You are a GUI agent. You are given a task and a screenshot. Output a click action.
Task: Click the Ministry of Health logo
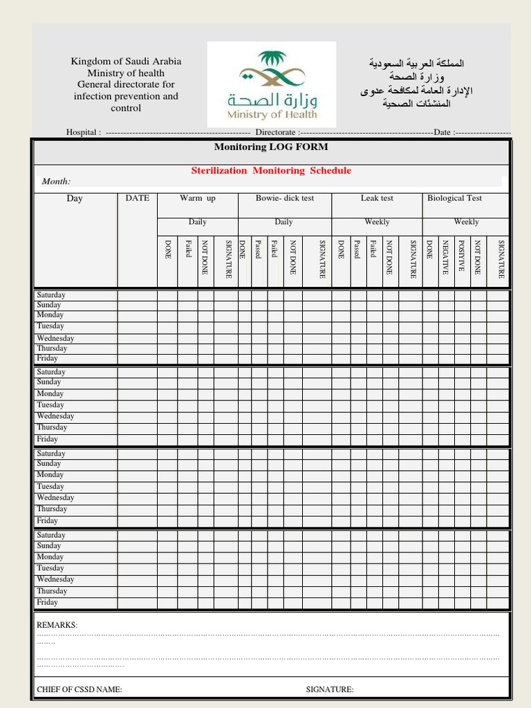(272, 84)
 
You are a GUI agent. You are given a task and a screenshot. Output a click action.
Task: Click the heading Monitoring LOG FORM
(271, 147)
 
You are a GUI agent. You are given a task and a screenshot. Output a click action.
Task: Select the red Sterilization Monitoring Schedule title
(271, 171)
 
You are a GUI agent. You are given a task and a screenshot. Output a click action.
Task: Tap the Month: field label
(57, 182)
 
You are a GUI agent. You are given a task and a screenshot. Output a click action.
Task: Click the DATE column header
(137, 198)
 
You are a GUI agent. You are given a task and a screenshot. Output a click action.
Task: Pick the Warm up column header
(198, 198)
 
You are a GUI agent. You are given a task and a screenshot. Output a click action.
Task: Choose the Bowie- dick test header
(284, 198)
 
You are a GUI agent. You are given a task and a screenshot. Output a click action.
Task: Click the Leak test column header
(377, 198)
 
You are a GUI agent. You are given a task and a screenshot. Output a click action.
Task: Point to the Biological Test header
(454, 198)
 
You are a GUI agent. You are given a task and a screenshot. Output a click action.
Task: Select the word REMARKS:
(57, 625)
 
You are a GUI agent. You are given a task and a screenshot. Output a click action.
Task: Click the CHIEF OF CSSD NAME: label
(80, 689)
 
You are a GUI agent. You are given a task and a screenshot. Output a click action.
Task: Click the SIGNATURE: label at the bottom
(330, 689)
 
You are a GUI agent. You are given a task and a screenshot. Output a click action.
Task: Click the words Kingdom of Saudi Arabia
(126, 62)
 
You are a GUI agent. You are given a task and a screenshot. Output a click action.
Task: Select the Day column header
(75, 199)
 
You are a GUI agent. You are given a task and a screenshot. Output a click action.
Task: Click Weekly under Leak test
(377, 222)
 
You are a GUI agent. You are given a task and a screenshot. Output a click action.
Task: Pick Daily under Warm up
(198, 222)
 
